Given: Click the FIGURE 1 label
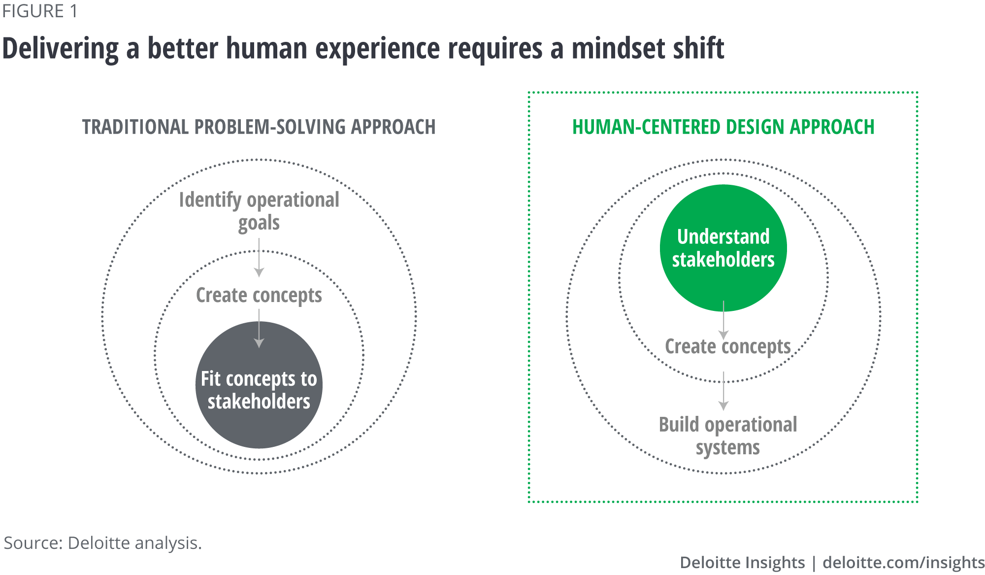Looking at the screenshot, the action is tap(40, 11).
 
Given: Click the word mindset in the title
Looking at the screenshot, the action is tap(608, 48).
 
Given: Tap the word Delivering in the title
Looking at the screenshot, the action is tap(61, 49).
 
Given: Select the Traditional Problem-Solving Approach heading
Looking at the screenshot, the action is tap(259, 127).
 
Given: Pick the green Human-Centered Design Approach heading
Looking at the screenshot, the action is tap(723, 127).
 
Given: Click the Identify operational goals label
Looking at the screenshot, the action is tap(259, 211).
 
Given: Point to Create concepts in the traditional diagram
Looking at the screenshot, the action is tap(259, 296).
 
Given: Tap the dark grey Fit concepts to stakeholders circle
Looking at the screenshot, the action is tap(259, 385).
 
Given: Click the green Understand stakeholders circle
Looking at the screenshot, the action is tap(723, 248).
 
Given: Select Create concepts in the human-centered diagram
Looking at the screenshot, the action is tap(728, 346).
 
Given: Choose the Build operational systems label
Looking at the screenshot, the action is tap(728, 436).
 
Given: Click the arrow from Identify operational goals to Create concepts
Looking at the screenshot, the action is tap(259, 258).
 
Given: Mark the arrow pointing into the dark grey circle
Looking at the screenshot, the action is tap(259, 329).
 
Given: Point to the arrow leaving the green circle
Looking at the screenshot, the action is tap(723, 320).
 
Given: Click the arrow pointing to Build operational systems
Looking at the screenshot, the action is tap(723, 391).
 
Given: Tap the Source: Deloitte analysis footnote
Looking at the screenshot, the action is tap(103, 543).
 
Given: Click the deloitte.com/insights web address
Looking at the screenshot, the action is tap(903, 562).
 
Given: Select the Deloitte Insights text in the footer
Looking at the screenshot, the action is tap(742, 562).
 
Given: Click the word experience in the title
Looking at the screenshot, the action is tap(378, 49).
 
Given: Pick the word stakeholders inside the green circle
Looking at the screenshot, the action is tap(723, 260).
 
